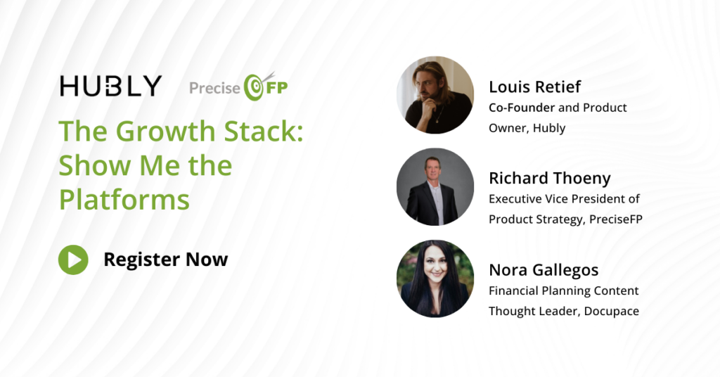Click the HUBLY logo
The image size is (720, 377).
pos(110,86)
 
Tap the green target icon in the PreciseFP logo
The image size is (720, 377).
pos(254,87)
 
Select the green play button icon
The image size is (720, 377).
pos(73,260)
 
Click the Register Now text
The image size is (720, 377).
pos(166,260)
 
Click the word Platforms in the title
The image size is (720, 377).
pos(124,200)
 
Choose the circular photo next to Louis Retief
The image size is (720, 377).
pos(435,95)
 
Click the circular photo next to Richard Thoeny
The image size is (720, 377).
pos(435,187)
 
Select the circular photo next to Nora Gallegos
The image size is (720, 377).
pos(435,279)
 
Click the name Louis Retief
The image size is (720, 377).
pos(534,87)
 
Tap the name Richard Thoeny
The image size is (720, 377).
pos(550,178)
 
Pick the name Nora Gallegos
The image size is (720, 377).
pos(544,270)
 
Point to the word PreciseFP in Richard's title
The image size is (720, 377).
pos(616,219)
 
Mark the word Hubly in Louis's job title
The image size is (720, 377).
pos(548,128)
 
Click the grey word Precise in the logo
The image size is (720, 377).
pos(215,88)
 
